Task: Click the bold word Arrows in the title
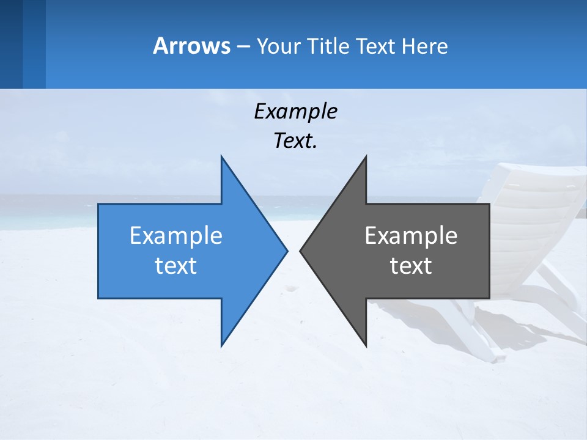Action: [x=191, y=46]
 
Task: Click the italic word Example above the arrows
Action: [x=295, y=111]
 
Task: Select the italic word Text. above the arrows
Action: [x=295, y=141]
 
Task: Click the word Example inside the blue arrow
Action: [x=176, y=235]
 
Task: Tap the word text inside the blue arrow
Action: [x=176, y=266]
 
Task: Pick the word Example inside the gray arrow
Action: [x=411, y=235]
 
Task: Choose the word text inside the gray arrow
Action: [x=411, y=266]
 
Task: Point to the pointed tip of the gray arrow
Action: [x=301, y=251]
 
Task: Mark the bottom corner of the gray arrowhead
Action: [x=366, y=345]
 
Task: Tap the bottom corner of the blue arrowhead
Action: [x=222, y=345]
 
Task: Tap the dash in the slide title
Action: [x=243, y=46]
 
